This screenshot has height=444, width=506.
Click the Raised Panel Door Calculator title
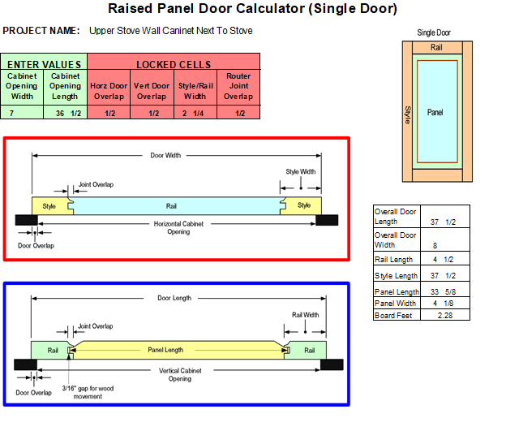252,9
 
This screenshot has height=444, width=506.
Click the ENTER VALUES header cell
44,64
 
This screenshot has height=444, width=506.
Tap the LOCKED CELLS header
174,64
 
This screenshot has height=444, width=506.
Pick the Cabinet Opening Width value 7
12,114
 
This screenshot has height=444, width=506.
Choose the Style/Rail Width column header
195,91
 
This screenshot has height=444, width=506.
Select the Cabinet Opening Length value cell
65,114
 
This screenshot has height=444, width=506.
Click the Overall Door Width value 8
435,244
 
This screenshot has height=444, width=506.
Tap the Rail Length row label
393,260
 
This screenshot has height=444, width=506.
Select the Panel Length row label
397,291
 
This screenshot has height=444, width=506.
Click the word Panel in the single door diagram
435,112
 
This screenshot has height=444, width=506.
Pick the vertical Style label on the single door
408,114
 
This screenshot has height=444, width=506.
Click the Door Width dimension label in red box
166,155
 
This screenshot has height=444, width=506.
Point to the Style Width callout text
300,172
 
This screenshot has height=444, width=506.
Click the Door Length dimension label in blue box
174,298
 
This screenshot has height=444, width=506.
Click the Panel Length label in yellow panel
165,350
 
